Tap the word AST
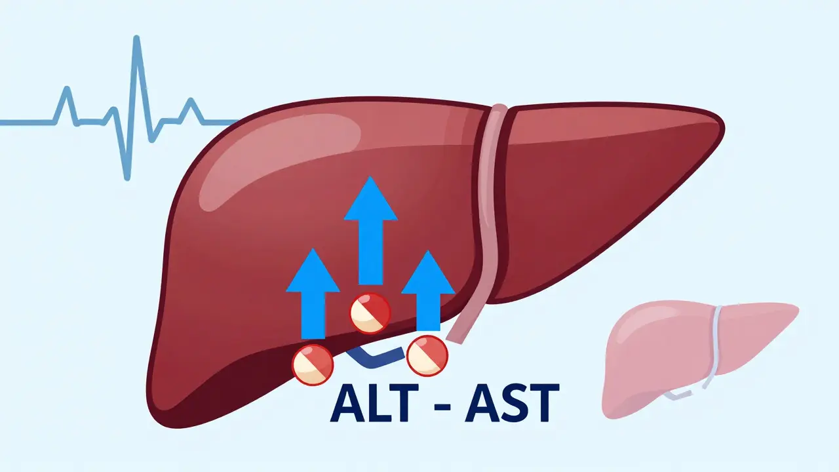coord(511,403)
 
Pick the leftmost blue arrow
coord(313,295)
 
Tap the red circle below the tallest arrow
coord(370,313)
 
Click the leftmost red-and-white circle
coord(313,364)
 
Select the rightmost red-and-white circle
coord(427,355)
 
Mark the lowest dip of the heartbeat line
coord(127,177)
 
